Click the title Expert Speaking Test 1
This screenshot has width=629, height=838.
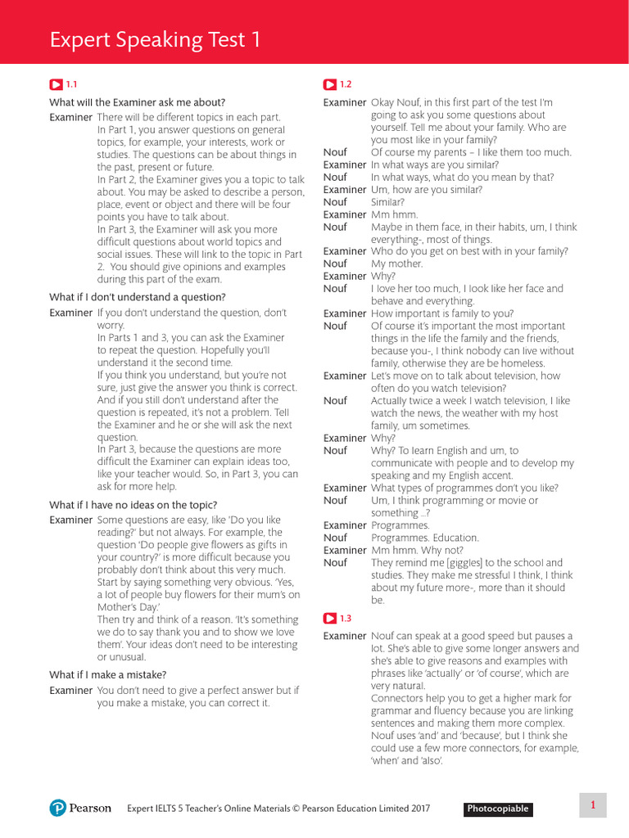(x=156, y=39)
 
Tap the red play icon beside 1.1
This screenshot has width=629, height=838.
(x=56, y=84)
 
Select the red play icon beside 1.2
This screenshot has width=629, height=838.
(x=329, y=84)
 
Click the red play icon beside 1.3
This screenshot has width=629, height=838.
(x=329, y=619)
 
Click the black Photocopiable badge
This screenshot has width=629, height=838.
(x=498, y=809)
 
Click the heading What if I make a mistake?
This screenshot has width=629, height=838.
(x=108, y=674)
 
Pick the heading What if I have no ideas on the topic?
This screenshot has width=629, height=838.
(x=133, y=505)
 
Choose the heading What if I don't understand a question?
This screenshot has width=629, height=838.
(x=138, y=297)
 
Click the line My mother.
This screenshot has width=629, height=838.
(x=397, y=264)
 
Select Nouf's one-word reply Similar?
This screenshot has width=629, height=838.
(x=387, y=201)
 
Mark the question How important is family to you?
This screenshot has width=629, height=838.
(x=442, y=313)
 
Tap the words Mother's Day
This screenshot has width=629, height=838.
(x=124, y=606)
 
